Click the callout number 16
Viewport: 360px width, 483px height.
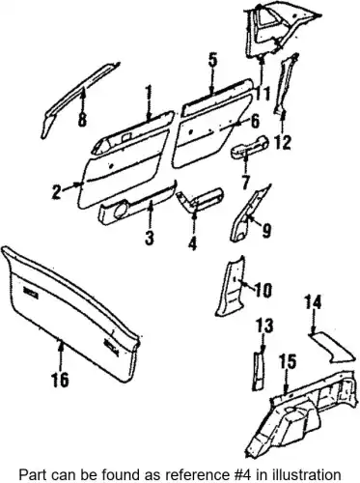[x=60, y=379]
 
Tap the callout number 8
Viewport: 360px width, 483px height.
[x=82, y=121]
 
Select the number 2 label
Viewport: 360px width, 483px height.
[x=57, y=192]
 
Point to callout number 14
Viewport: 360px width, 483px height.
[x=313, y=304]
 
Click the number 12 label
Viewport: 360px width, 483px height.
[x=283, y=142]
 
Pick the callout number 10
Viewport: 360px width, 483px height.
[x=263, y=290]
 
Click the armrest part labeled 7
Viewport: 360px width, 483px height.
[x=249, y=147]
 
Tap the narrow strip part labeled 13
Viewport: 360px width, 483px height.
[x=258, y=371]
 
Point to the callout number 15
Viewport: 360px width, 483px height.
[x=288, y=362]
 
